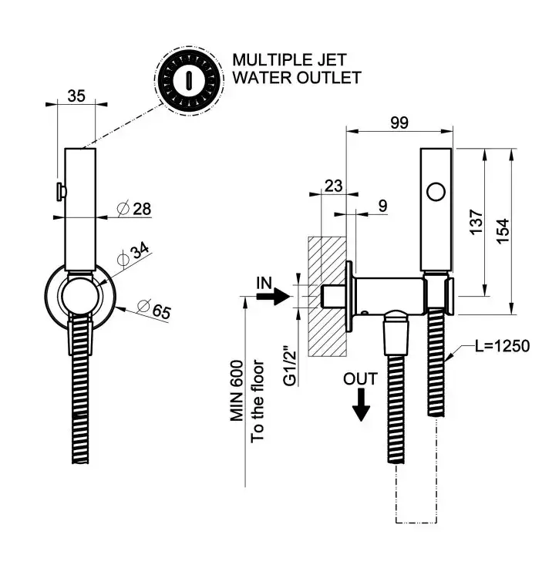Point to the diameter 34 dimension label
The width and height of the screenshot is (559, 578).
click(x=135, y=253)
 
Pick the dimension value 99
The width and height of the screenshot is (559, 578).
click(x=399, y=122)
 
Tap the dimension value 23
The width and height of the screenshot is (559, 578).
click(x=333, y=185)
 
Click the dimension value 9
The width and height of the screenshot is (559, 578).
click(x=383, y=206)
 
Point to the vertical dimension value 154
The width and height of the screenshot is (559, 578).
click(x=502, y=230)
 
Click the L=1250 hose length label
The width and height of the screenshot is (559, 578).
click(x=502, y=346)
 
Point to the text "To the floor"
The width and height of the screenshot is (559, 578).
click(x=259, y=401)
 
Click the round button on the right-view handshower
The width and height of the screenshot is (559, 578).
click(x=436, y=190)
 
